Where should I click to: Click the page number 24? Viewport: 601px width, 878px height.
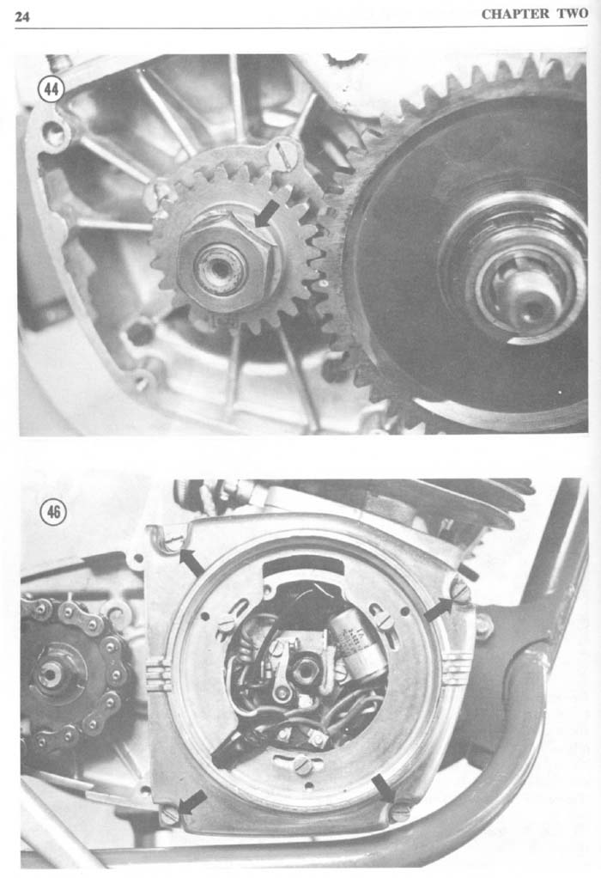21,16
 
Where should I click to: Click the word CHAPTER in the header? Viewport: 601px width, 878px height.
516,14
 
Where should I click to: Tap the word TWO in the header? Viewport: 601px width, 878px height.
573,14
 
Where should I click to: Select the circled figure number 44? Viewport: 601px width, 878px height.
51,89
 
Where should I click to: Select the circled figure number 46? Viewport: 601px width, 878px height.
52,512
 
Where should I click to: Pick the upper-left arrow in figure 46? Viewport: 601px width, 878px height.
191,563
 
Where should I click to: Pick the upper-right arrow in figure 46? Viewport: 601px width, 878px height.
438,609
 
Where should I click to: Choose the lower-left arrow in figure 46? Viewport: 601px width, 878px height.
191,803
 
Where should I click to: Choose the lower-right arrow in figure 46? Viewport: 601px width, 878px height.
384,787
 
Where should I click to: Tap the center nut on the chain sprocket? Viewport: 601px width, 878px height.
51,674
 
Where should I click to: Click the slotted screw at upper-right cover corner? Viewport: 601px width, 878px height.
460,591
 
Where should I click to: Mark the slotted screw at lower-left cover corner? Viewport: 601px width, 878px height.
169,814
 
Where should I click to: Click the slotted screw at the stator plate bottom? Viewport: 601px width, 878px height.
302,765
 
